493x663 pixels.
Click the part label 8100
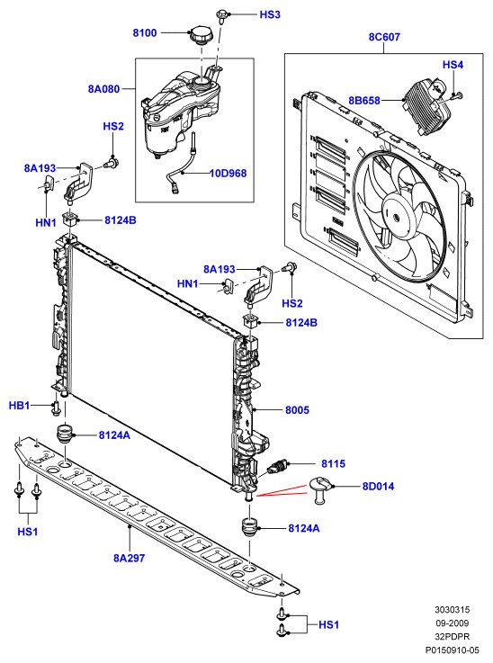pyautogui.click(x=145, y=33)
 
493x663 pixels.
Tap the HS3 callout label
pyautogui.click(x=270, y=14)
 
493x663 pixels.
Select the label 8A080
pyautogui.click(x=104, y=89)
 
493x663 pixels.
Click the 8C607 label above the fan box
pyautogui.click(x=384, y=37)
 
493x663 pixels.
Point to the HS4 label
pyautogui.click(x=453, y=65)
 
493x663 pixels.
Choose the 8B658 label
pyautogui.click(x=364, y=101)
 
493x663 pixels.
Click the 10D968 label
pyautogui.click(x=229, y=174)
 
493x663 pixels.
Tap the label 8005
pyautogui.click(x=297, y=409)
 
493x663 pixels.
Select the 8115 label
pyautogui.click(x=333, y=464)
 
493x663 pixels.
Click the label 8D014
pyautogui.click(x=378, y=487)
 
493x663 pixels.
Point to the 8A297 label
pyautogui.click(x=129, y=558)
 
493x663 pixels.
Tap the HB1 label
pyautogui.click(x=20, y=406)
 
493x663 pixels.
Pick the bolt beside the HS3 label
pyautogui.click(x=221, y=16)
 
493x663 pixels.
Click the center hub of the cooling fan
pyautogui.click(x=396, y=218)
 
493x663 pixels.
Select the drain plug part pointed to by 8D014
pyautogui.click(x=322, y=489)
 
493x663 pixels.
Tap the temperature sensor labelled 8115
pyautogui.click(x=277, y=467)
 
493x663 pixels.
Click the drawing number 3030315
pyautogui.click(x=452, y=610)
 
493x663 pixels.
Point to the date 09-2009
pyautogui.click(x=452, y=623)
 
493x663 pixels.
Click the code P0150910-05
pyautogui.click(x=452, y=650)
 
